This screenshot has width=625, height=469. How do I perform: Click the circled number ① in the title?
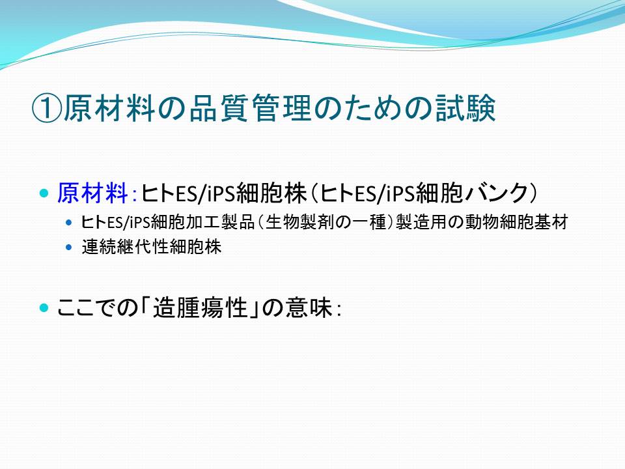47,108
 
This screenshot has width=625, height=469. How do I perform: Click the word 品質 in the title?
219,108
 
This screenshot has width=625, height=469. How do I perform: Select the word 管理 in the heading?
281,108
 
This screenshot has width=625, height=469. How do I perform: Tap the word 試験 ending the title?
465,108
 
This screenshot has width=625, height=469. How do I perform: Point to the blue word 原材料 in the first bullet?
92,193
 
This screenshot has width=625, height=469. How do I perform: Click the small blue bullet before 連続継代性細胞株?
69,248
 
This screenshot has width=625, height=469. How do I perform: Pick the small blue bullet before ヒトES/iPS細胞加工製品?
69,222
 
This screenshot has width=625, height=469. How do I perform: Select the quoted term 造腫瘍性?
201,308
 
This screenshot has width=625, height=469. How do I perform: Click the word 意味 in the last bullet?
309,308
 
